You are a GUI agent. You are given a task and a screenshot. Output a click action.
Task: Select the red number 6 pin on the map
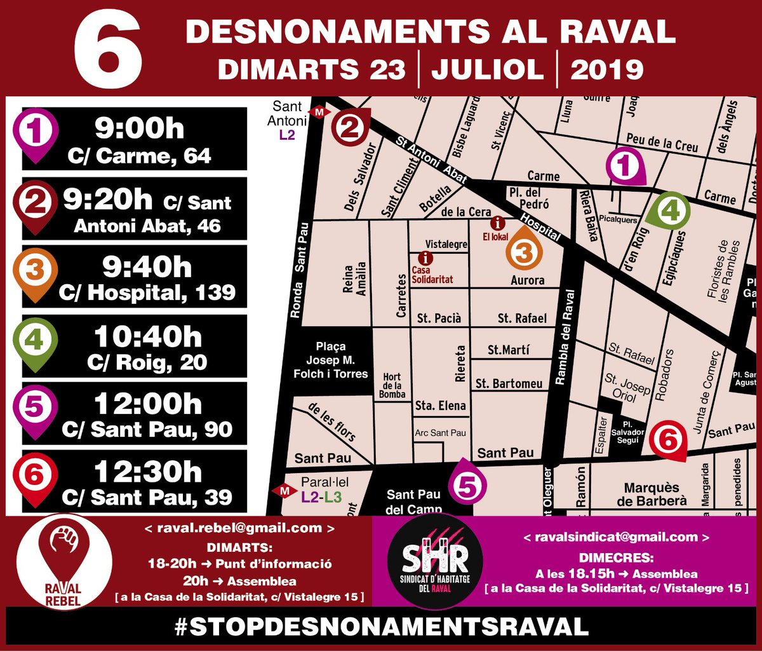[669, 439]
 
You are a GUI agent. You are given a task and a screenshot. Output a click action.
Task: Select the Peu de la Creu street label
[661, 142]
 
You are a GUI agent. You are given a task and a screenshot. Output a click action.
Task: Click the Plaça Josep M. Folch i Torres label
[330, 360]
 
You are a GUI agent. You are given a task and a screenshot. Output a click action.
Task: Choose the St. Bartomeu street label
[509, 383]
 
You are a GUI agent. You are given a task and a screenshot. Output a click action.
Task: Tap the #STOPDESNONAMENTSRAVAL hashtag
[381, 626]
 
